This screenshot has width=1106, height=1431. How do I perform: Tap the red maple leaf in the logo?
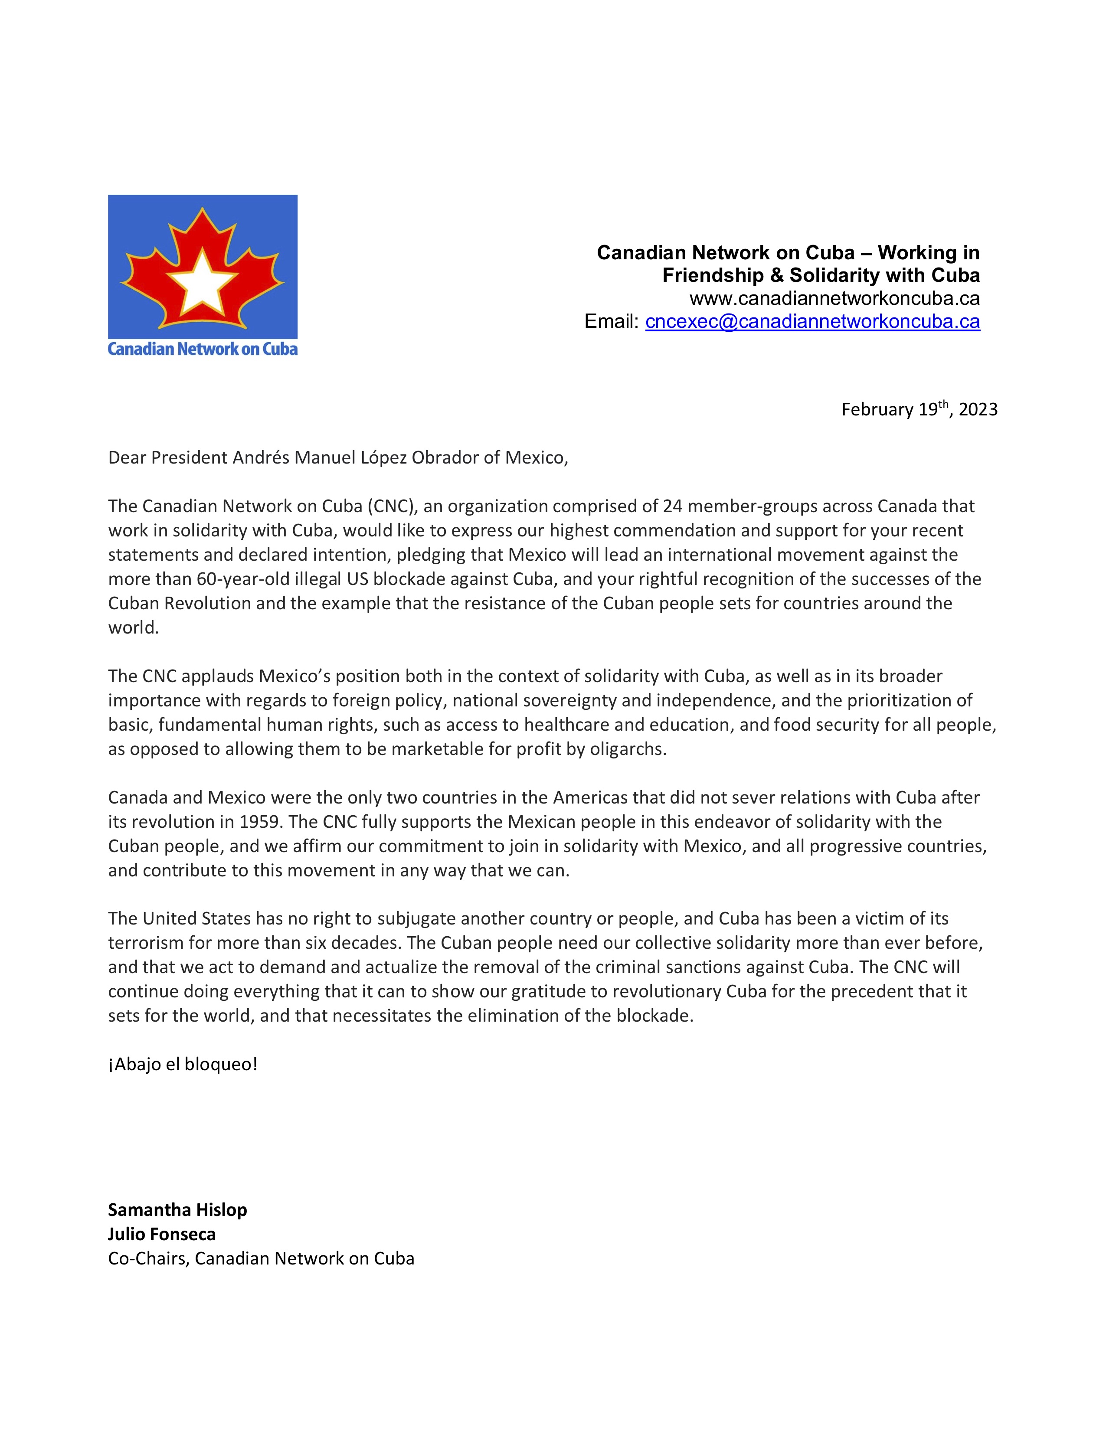coord(157,275)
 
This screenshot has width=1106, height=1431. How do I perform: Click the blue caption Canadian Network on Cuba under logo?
coord(203,349)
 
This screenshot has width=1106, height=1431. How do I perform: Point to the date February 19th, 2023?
coord(919,409)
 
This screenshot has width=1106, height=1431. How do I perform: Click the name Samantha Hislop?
coord(177,1209)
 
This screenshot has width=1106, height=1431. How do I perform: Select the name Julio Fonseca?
coord(162,1234)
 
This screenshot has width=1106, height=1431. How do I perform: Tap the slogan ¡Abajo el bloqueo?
coord(183,1064)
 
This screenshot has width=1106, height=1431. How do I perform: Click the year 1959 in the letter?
coord(260,822)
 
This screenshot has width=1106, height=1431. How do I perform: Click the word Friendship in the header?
coord(713,275)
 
